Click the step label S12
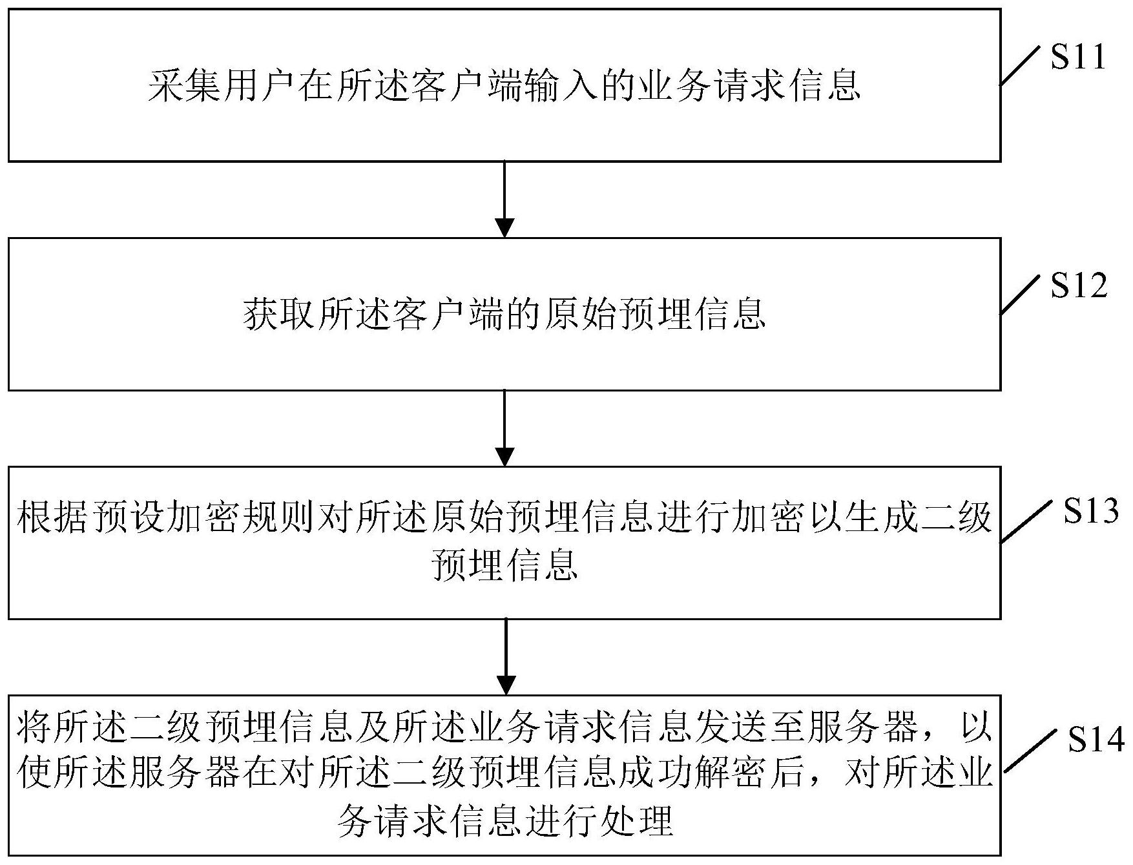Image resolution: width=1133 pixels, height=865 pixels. pyautogui.click(x=1079, y=285)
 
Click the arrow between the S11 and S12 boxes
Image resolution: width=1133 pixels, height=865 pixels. pyautogui.click(x=504, y=199)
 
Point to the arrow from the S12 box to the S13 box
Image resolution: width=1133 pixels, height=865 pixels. pyautogui.click(x=504, y=428)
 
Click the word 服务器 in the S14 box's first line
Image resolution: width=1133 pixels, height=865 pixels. pyautogui.click(x=863, y=727)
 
